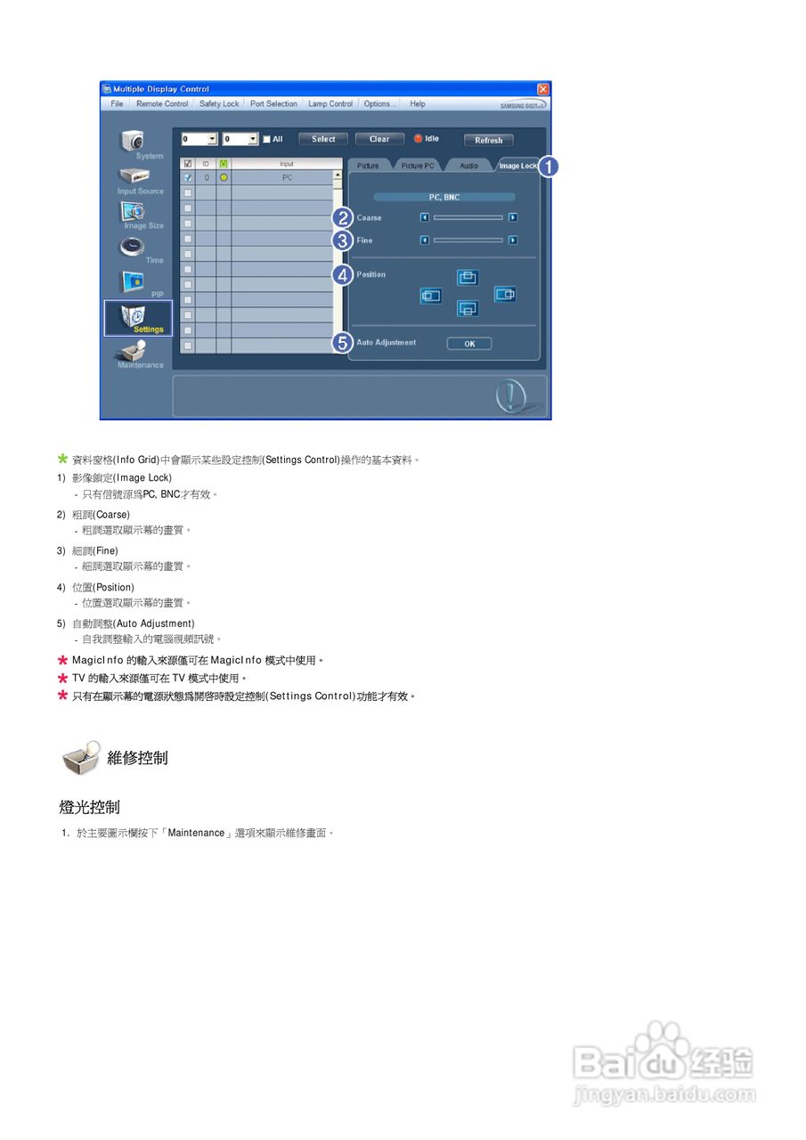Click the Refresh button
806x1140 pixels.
point(488,140)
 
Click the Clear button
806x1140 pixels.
point(379,139)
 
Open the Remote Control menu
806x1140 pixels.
point(162,104)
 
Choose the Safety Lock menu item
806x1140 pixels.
point(219,104)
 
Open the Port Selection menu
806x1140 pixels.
point(273,104)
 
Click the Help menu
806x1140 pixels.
point(417,104)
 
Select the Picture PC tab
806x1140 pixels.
point(417,166)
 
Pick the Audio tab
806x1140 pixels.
point(468,166)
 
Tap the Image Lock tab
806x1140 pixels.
point(517,166)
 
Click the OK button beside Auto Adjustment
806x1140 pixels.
point(469,344)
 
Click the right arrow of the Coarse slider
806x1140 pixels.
point(513,217)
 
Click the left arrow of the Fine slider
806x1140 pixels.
point(425,240)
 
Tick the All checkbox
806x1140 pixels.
point(266,139)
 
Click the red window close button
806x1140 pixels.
point(543,89)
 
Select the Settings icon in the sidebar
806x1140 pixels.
point(138,318)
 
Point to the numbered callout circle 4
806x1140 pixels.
point(342,275)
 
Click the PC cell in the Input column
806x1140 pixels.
point(287,177)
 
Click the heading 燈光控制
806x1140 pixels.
point(90,808)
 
